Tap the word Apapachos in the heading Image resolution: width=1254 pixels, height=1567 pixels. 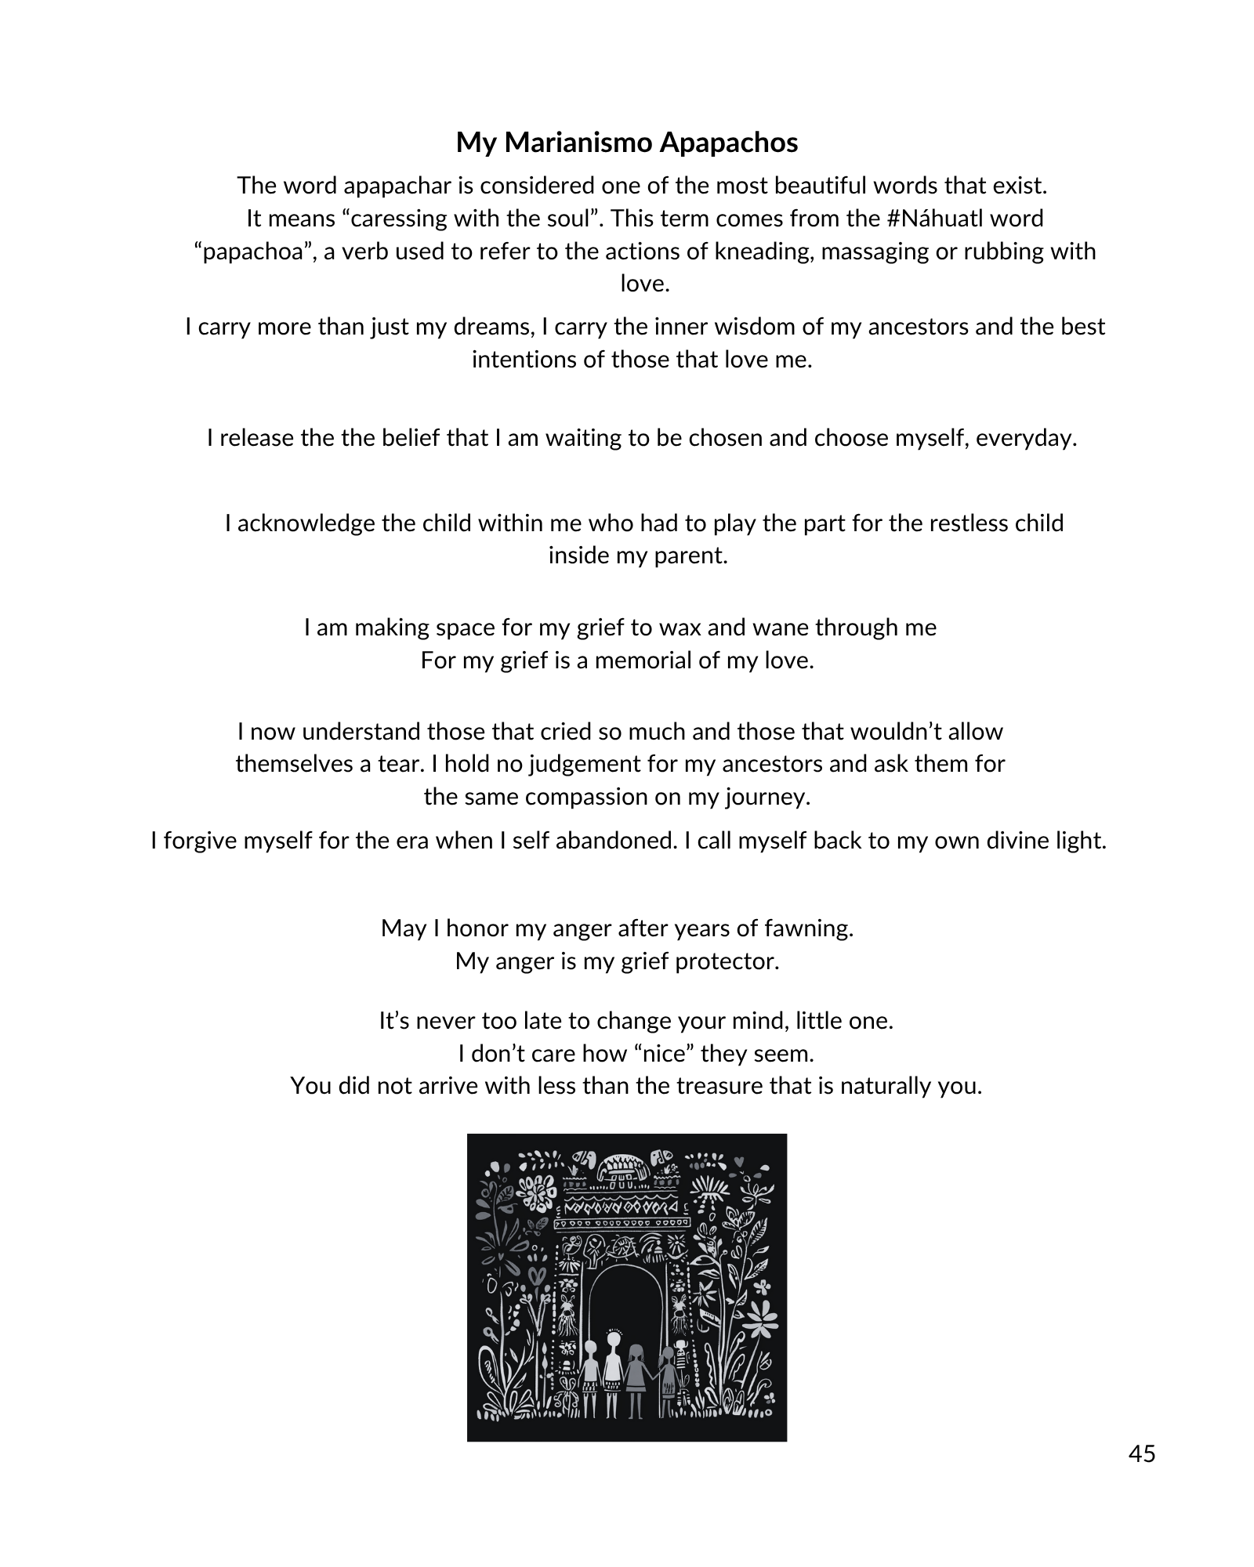click(x=728, y=143)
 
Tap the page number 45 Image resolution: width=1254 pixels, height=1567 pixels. click(x=1142, y=1453)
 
